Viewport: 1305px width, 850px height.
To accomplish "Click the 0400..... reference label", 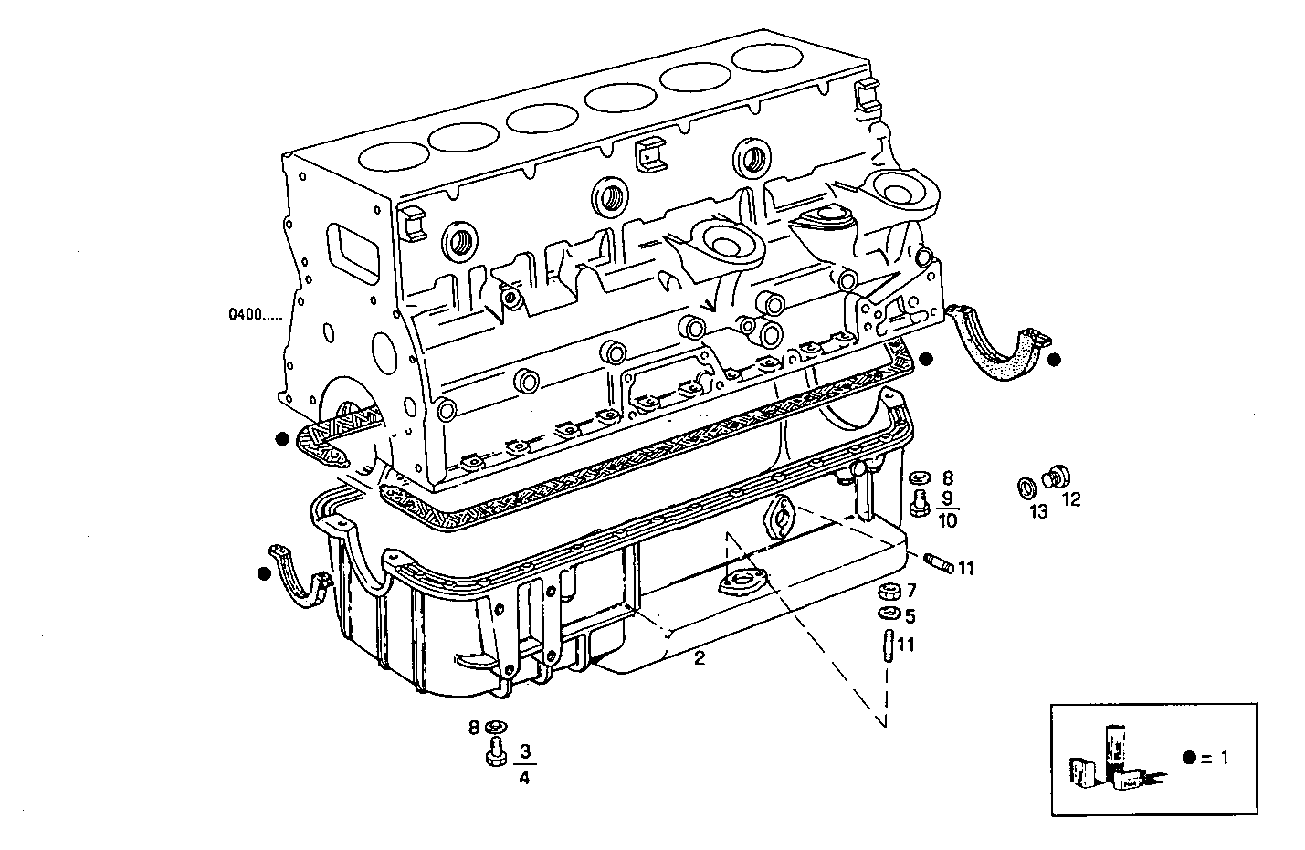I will [x=256, y=316].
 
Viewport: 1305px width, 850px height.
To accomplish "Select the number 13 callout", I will [x=1039, y=511].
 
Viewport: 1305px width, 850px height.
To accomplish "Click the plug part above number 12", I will [x=1058, y=476].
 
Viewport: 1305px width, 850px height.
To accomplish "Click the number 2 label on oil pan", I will [x=699, y=657].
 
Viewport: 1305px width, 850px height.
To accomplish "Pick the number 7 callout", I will [x=910, y=591].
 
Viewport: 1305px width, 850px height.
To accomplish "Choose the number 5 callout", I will [x=910, y=616].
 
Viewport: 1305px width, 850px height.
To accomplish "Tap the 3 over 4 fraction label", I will [x=524, y=765].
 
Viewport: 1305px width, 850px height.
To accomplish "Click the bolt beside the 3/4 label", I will [x=493, y=754].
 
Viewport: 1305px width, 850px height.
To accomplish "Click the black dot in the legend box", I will [x=1188, y=758].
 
